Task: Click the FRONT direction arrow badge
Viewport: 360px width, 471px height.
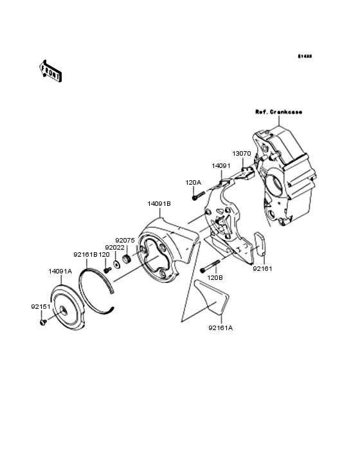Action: (51, 70)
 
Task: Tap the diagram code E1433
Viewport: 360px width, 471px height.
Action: (304, 56)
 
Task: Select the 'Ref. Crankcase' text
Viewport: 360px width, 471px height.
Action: (278, 112)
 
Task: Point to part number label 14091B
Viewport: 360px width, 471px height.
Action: (159, 203)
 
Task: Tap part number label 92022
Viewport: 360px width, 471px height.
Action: (115, 247)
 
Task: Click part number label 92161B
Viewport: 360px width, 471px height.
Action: (85, 254)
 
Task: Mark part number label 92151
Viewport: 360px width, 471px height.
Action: (40, 307)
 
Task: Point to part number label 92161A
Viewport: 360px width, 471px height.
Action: (220, 327)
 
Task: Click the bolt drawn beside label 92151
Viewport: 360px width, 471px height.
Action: (42, 321)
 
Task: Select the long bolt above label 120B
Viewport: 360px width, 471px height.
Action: (210, 266)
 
